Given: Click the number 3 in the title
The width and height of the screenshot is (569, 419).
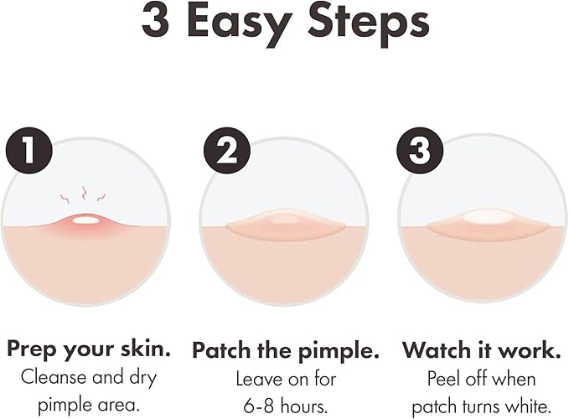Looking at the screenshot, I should (x=156, y=23).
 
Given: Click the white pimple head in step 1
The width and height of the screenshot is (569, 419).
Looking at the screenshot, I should (x=85, y=220).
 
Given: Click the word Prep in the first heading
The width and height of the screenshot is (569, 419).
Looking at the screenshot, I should (x=31, y=348).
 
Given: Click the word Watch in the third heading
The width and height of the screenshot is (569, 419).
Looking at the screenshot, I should (x=436, y=348).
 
